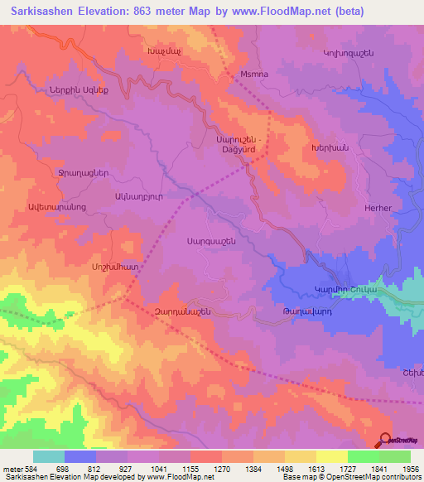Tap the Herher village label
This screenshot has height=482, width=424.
pos(377,209)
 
